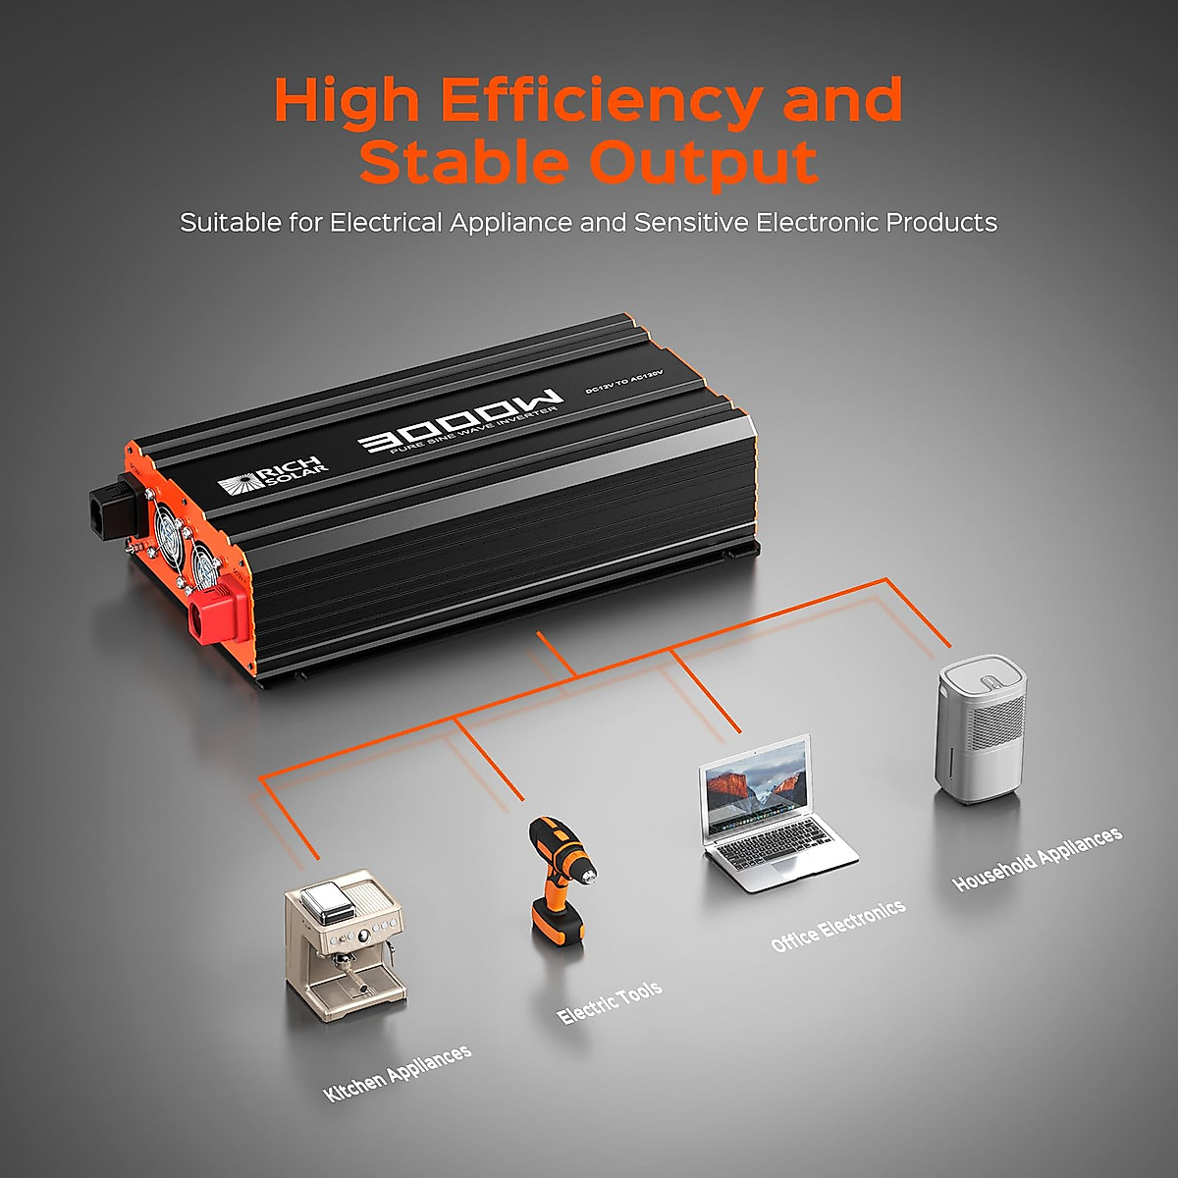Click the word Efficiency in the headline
tap(601, 100)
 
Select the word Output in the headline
tap(704, 163)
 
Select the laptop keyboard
tap(780, 845)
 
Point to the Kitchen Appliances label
tap(398, 1073)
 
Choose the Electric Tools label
tap(610, 1002)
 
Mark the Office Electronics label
tap(837, 925)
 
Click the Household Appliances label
tap(1037, 858)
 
